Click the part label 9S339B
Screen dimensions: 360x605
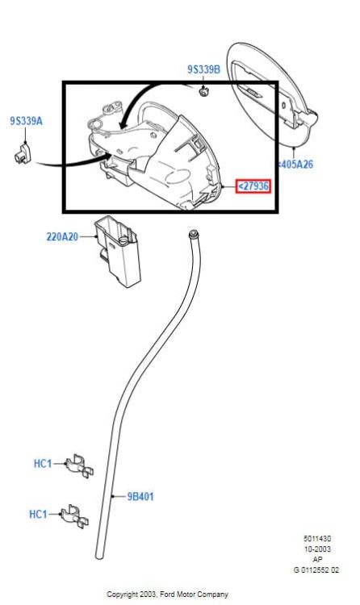coord(203,69)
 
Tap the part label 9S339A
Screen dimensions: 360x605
coord(27,121)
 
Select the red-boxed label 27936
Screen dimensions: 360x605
coord(253,186)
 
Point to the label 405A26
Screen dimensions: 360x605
coord(296,165)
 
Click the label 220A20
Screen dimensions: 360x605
coord(62,236)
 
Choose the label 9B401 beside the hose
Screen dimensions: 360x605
coord(140,497)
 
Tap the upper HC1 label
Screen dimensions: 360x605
coord(43,463)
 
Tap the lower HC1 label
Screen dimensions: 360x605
coord(38,515)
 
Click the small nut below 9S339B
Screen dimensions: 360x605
coord(203,92)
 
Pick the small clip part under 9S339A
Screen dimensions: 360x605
coord(23,154)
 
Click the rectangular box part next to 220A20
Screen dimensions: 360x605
coord(117,251)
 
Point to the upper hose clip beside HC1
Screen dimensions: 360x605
coord(79,466)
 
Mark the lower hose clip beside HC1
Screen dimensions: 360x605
coord(74,516)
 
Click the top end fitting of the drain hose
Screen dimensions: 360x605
coord(193,234)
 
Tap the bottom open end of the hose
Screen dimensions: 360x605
coord(99,556)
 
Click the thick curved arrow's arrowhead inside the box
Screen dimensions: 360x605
coord(124,124)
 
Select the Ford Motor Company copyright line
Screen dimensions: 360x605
coord(167,595)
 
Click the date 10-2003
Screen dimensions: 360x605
coord(316,549)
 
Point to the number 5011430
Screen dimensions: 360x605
coord(316,539)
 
